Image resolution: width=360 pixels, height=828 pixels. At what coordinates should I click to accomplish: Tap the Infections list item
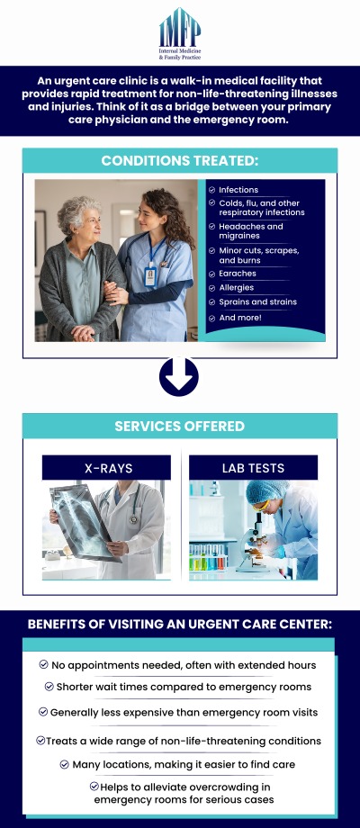coord(238,190)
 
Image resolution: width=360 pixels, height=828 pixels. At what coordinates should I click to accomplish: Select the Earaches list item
coord(238,273)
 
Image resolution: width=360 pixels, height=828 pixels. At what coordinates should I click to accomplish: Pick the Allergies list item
coord(237,288)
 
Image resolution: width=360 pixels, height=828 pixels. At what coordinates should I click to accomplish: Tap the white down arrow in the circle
coord(179,376)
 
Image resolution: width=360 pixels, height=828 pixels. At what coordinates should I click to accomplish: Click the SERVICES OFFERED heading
coord(180,426)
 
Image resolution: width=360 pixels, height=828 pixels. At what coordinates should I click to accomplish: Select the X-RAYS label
coord(106,467)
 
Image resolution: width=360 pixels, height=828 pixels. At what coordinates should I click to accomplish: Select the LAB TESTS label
coord(253,467)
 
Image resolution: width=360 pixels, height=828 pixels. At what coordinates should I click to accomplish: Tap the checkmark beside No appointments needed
coord(44,664)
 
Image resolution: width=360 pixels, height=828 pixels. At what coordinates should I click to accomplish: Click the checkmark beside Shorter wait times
coord(49,686)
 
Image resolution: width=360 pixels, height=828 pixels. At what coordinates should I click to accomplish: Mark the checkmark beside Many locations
coord(65,764)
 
